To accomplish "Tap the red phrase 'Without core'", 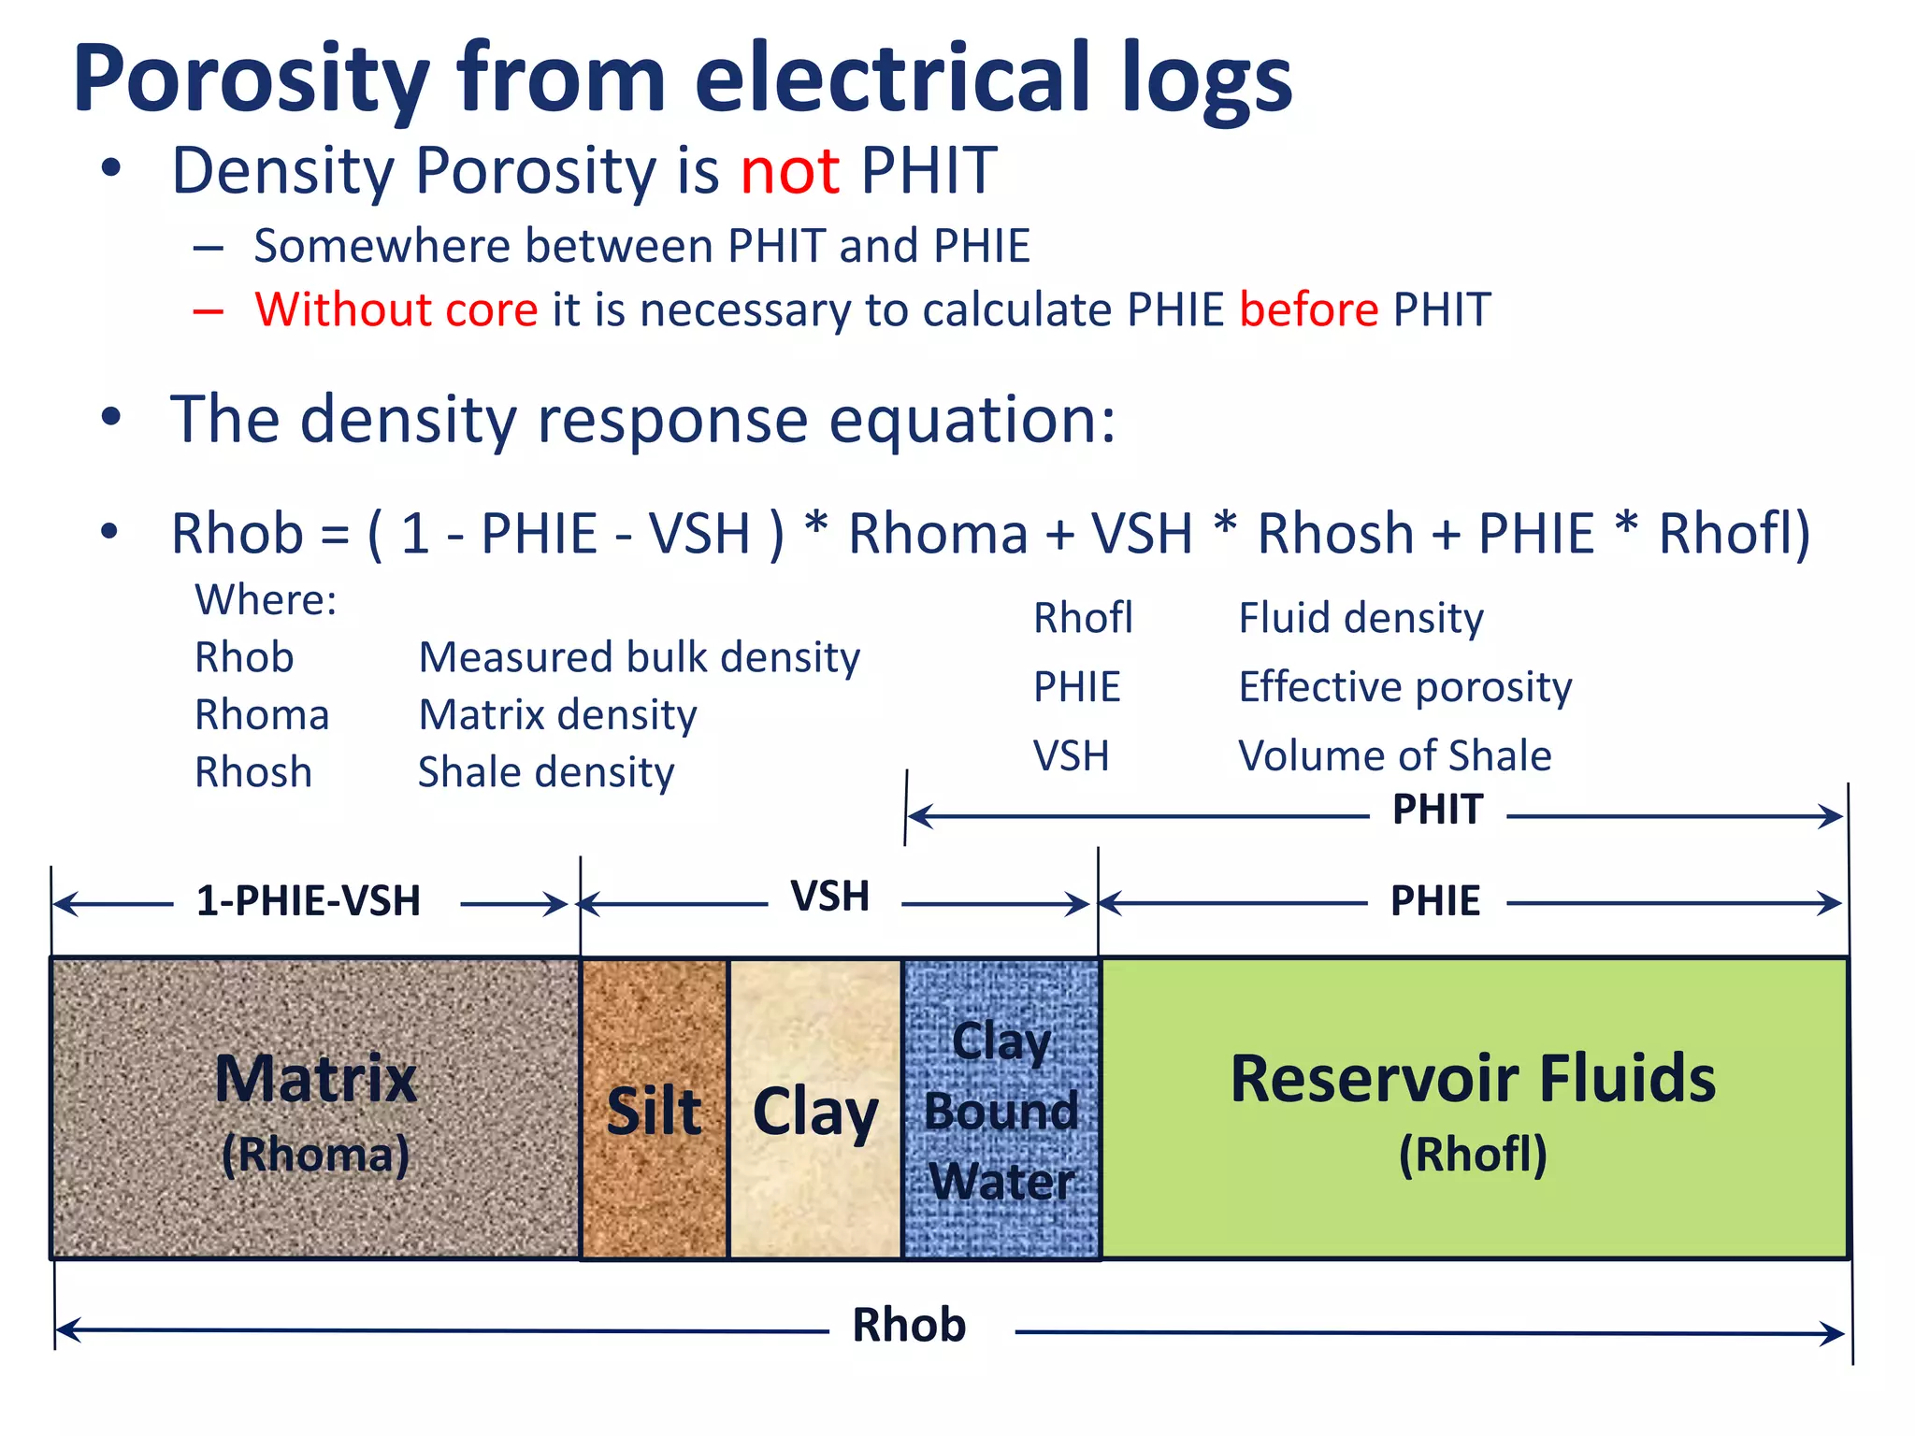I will point(396,309).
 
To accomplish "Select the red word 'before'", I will point(1308,309).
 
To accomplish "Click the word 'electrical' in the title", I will point(892,79).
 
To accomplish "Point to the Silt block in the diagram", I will point(654,1110).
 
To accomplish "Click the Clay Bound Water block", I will point(1001,1110).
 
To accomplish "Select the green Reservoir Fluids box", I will point(1474,1110).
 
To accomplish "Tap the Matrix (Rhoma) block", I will point(315,1110).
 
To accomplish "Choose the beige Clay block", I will point(814,1110).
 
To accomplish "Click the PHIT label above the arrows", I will point(1437,810).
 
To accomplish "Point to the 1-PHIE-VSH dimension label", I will point(309,901).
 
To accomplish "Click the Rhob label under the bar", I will point(909,1326).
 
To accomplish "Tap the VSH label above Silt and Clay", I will point(830,897).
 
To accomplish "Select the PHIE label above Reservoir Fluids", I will point(1435,901).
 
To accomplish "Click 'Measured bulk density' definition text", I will point(639,657).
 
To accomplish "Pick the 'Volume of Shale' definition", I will point(1394,755).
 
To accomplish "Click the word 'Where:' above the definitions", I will point(266,599).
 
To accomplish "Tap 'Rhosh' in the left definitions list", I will point(252,772).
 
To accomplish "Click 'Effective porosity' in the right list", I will point(1404,687).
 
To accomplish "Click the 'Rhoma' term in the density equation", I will point(938,534).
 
